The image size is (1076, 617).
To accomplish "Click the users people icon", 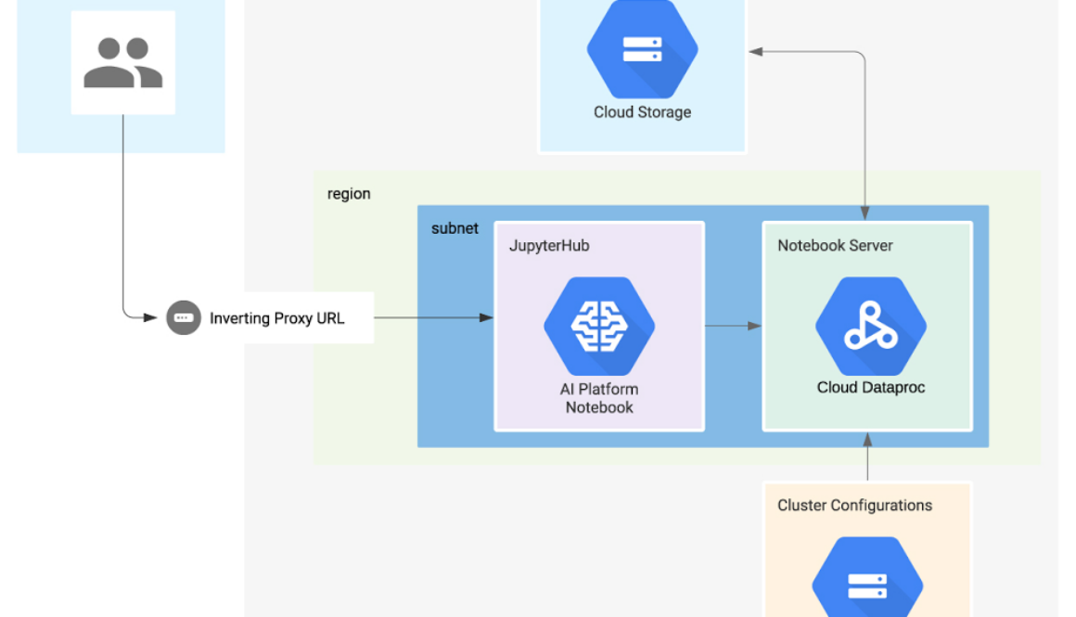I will coord(123,63).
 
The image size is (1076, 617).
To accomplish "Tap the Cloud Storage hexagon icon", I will coord(642,49).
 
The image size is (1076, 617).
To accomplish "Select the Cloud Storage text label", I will coord(642,112).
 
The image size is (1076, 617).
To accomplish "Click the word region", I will coord(349,194).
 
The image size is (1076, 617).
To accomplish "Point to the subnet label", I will coord(455,228).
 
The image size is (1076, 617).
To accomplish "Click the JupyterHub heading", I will coord(549,246).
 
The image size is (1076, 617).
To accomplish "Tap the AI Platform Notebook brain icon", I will coord(599,326).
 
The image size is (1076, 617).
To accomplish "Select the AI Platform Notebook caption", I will coord(599,398).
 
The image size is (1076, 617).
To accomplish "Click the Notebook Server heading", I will coord(835,246).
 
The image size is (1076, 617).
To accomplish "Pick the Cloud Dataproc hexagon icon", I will coord(870,327).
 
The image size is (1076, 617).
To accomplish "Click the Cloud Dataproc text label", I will coord(870,388).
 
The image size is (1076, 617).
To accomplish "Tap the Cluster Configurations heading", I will coord(854,506).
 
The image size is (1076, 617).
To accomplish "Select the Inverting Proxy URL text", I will coord(276,318).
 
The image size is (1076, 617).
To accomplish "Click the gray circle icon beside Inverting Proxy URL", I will coord(183,317).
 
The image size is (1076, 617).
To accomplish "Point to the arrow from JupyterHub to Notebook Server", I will coord(733,326).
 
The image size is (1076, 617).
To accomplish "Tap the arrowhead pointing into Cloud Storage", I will coord(756,52).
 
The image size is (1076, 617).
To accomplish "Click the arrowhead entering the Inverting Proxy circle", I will coord(150,317).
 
